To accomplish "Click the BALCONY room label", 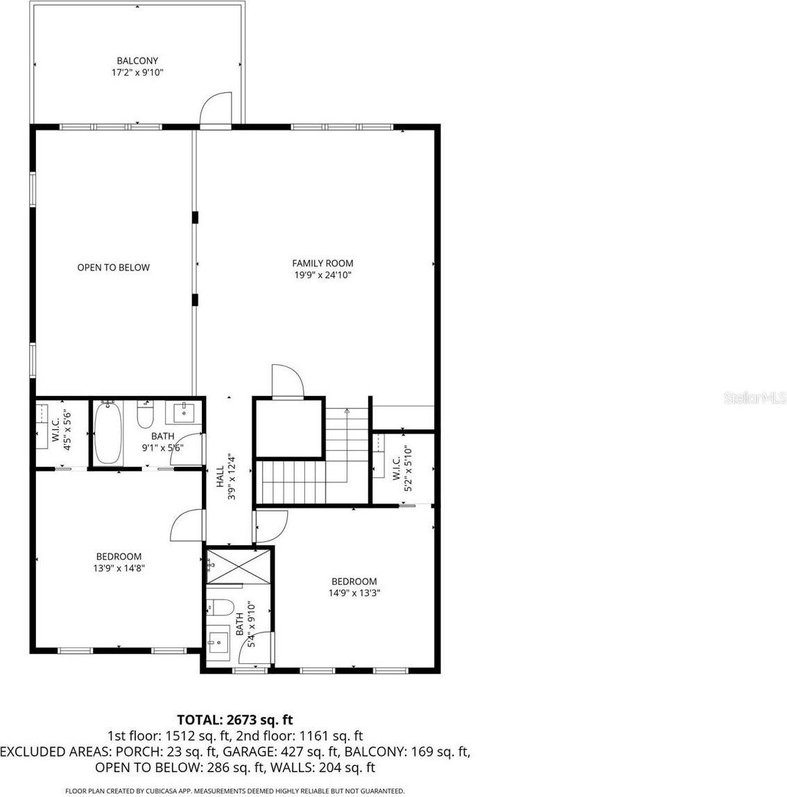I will point(137,61).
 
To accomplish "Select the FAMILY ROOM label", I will point(322,263).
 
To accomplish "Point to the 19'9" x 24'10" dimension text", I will point(322,275).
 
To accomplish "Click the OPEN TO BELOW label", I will point(113,267).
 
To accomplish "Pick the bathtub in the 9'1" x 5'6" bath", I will point(107,433).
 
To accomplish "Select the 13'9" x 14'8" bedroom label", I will point(119,556).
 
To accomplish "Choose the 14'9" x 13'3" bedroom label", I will point(354,581).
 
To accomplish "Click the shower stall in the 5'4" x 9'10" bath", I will point(237,566).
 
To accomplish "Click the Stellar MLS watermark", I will point(754,398).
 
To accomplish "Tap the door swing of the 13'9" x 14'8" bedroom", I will point(185,524).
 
